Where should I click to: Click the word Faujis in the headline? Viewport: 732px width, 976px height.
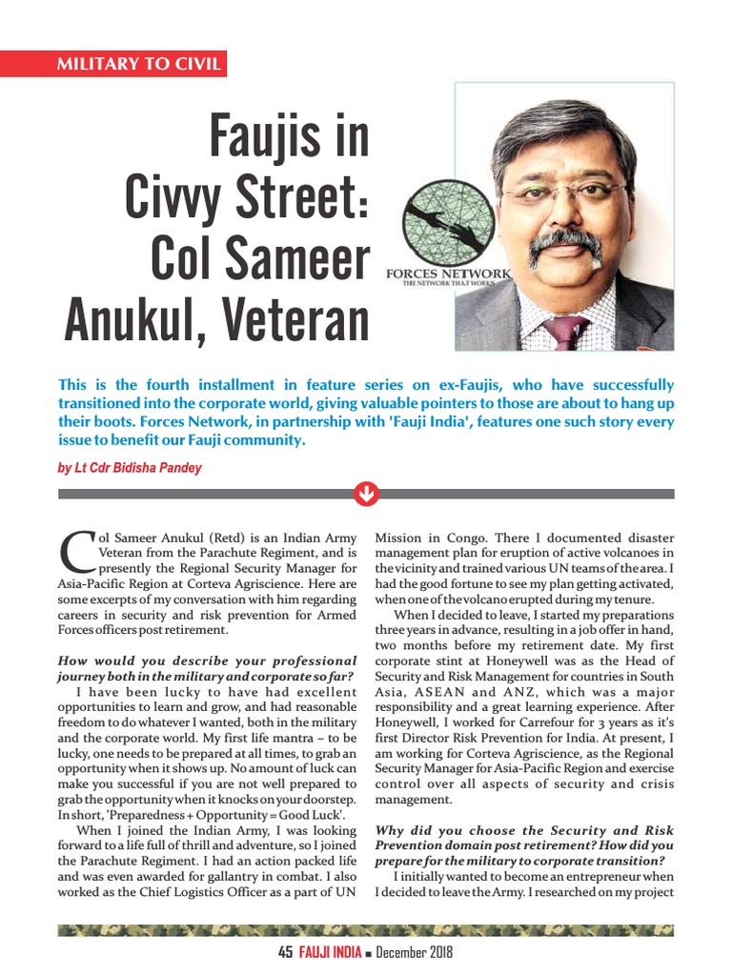pos(288,137)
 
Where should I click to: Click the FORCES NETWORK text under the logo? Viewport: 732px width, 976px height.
pos(448,274)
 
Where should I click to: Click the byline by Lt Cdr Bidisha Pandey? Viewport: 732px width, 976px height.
pos(130,468)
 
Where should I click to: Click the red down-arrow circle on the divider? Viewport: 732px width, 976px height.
pos(366,494)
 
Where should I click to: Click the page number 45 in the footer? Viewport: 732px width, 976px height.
pos(285,952)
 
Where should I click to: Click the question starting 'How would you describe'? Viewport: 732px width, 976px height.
pos(207,668)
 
